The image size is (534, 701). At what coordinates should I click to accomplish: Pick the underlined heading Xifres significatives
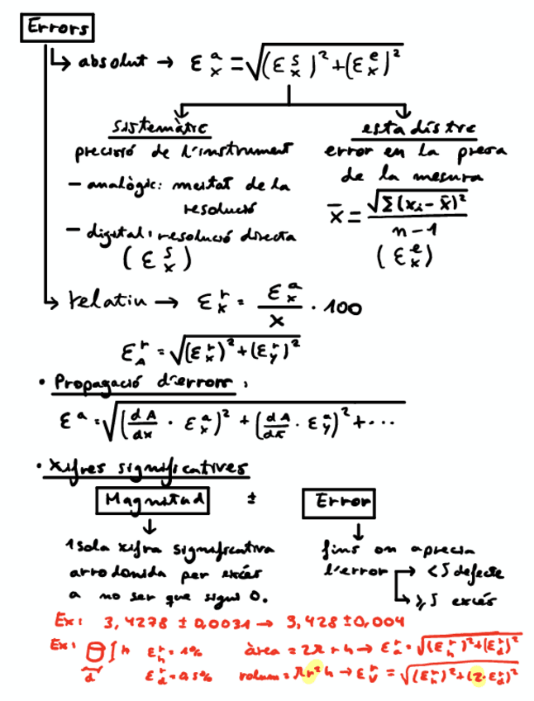point(148,469)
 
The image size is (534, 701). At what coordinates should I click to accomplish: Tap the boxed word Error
point(339,501)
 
